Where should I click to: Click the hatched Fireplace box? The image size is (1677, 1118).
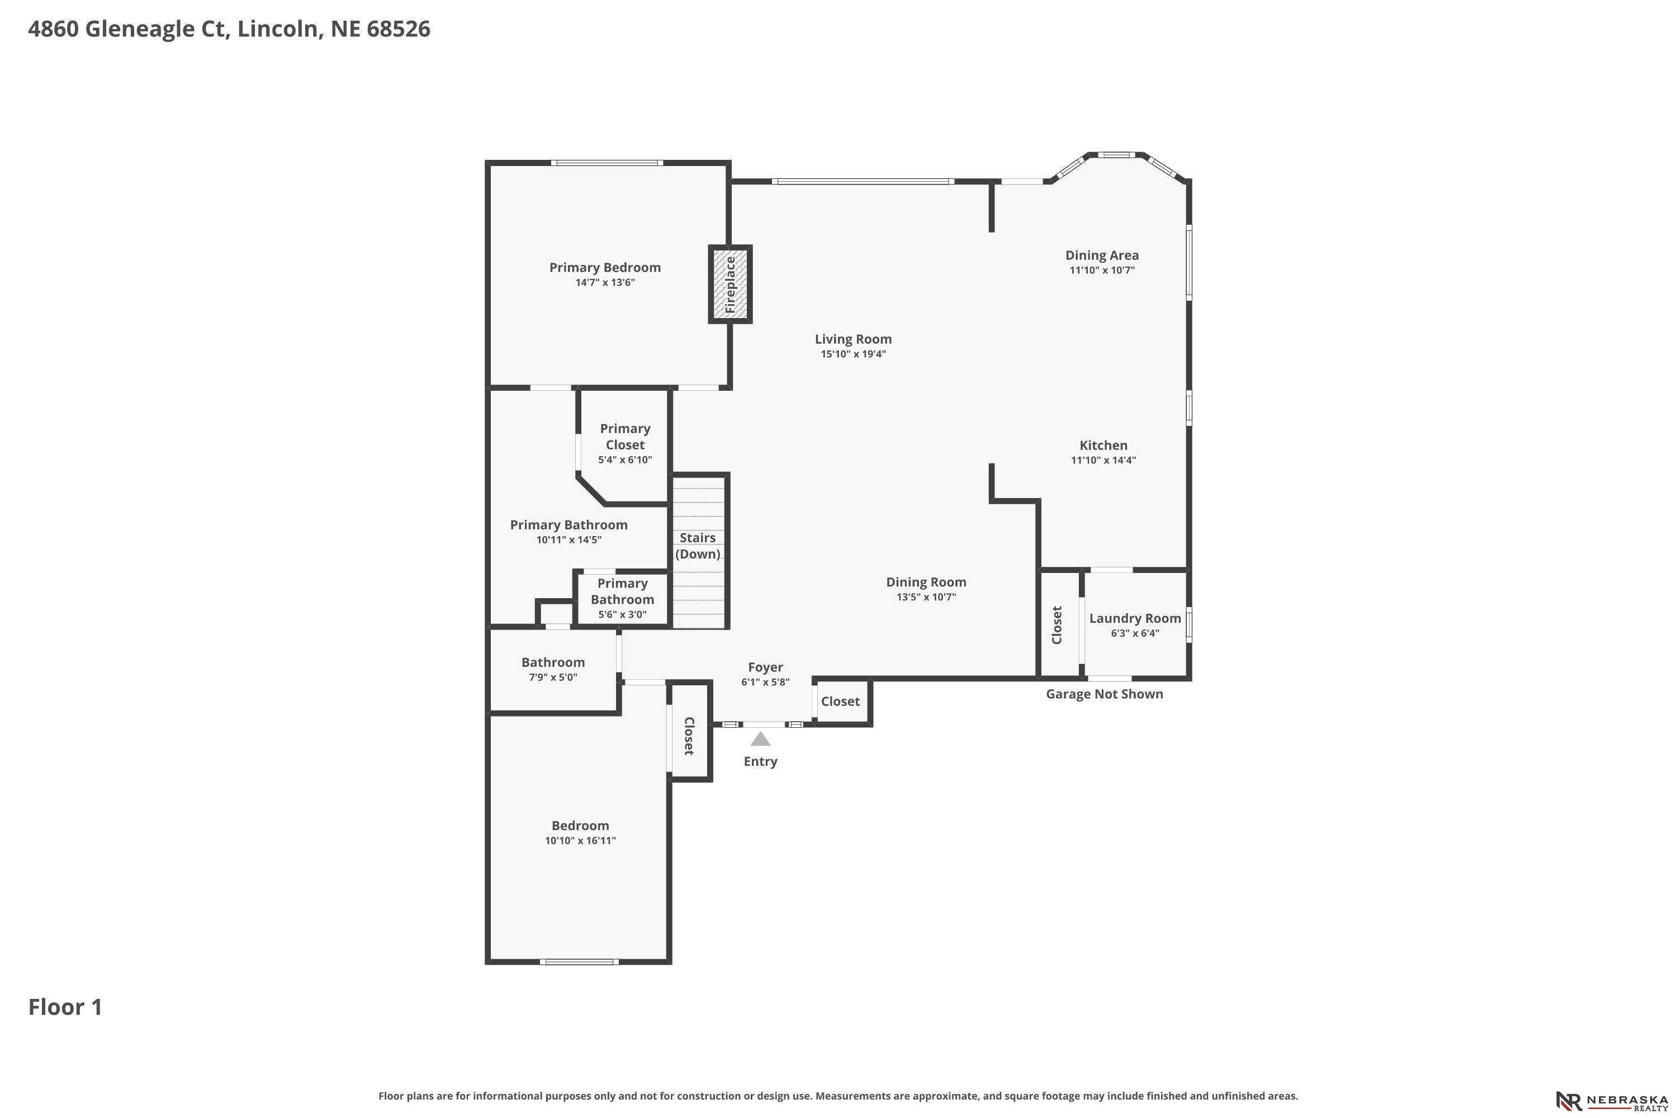click(x=730, y=285)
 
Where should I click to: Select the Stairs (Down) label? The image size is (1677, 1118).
click(x=697, y=546)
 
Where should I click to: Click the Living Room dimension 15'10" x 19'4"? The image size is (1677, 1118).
click(x=854, y=354)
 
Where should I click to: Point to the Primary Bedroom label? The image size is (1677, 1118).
click(x=605, y=267)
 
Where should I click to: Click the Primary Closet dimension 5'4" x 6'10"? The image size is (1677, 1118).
click(x=626, y=460)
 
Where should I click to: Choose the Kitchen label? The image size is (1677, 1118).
click(x=1103, y=445)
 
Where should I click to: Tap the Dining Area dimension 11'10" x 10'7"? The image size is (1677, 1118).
click(x=1102, y=270)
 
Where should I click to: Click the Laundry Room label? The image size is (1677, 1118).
click(x=1135, y=618)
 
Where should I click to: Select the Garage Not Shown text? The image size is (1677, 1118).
click(x=1105, y=694)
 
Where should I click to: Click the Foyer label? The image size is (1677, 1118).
click(x=765, y=667)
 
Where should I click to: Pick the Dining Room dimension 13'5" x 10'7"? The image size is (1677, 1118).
click(x=926, y=598)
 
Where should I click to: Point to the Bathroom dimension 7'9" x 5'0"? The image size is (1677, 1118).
click(x=553, y=678)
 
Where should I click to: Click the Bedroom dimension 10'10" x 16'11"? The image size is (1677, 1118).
click(x=580, y=841)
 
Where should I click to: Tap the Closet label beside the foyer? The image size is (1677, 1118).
click(x=840, y=702)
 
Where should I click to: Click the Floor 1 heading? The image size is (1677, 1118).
click(x=65, y=1007)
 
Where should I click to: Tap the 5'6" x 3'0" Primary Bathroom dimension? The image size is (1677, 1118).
click(x=623, y=614)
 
